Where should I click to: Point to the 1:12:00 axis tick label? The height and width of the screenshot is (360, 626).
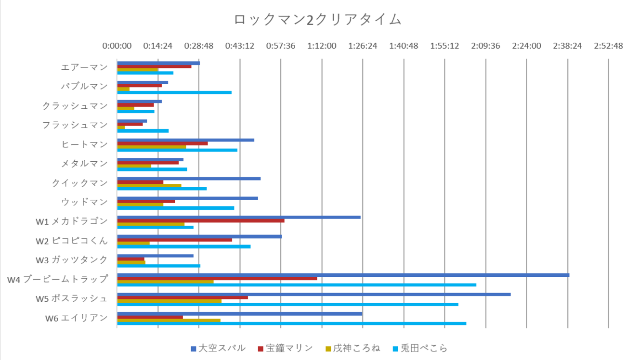tap(322, 46)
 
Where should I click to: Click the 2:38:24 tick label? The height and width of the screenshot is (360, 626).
tap(567, 46)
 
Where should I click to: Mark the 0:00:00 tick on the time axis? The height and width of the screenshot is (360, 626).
tap(117, 46)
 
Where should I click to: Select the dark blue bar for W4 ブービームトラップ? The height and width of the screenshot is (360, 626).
tap(343, 275)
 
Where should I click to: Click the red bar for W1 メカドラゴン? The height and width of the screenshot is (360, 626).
tap(201, 220)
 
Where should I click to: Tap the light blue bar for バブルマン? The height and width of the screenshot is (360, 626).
tap(174, 92)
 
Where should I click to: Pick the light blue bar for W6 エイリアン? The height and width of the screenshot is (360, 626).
tap(292, 323)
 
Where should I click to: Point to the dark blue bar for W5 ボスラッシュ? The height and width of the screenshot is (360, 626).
tap(314, 294)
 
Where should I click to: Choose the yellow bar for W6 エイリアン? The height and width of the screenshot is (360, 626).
tap(169, 320)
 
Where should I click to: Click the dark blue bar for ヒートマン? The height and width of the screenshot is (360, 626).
tap(186, 140)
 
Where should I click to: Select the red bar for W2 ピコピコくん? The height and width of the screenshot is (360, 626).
tap(175, 240)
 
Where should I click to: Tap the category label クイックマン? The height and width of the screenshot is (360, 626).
tap(79, 182)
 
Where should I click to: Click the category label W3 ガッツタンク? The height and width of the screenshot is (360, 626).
tap(71, 260)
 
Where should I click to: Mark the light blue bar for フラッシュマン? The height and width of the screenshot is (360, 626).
tap(143, 131)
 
